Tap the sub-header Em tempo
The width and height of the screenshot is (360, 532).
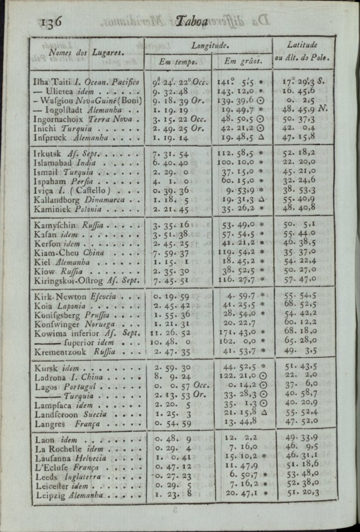tap(178, 62)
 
